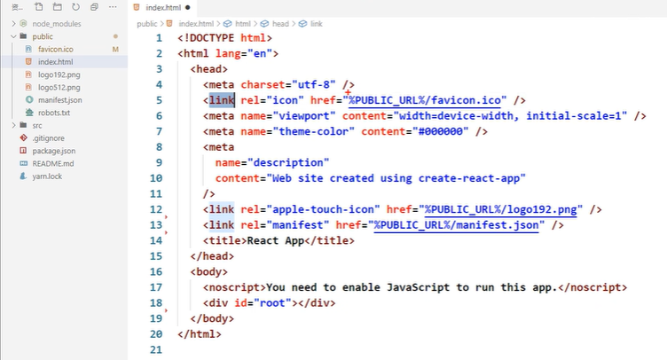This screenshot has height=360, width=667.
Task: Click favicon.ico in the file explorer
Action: point(55,50)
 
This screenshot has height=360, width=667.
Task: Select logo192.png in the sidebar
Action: point(59,74)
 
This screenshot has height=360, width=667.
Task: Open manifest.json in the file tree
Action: point(60,100)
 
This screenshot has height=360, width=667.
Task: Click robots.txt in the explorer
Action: point(54,113)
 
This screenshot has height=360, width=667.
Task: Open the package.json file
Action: point(53,151)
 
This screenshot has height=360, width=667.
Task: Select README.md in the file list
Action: point(52,164)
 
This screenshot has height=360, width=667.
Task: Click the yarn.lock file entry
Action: point(47,176)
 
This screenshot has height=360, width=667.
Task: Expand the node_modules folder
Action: point(57,24)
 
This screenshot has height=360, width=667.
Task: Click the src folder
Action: point(37,126)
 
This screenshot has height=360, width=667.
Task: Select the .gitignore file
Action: point(48,138)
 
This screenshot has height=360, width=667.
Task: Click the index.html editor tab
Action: point(163,8)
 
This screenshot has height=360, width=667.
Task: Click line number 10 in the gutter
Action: point(156,178)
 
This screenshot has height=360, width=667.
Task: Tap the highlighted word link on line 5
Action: point(222,100)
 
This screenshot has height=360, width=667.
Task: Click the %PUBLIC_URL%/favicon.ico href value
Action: point(425,100)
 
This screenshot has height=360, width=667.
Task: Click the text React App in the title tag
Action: point(276,240)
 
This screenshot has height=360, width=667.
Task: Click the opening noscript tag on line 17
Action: point(234,287)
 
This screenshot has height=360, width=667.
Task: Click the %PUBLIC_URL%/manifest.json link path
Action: point(456,225)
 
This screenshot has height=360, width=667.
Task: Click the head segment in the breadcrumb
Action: point(280,24)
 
